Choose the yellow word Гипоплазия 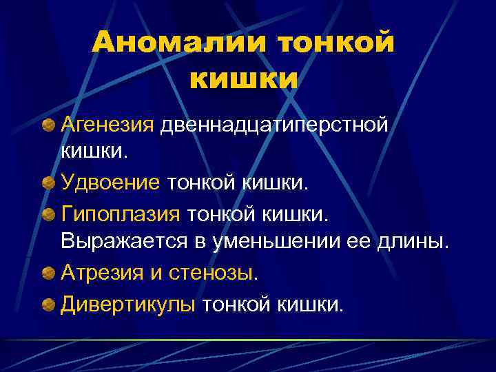pos(120,214)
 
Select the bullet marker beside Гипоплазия pos(49,214)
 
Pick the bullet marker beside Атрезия pos(49,272)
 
